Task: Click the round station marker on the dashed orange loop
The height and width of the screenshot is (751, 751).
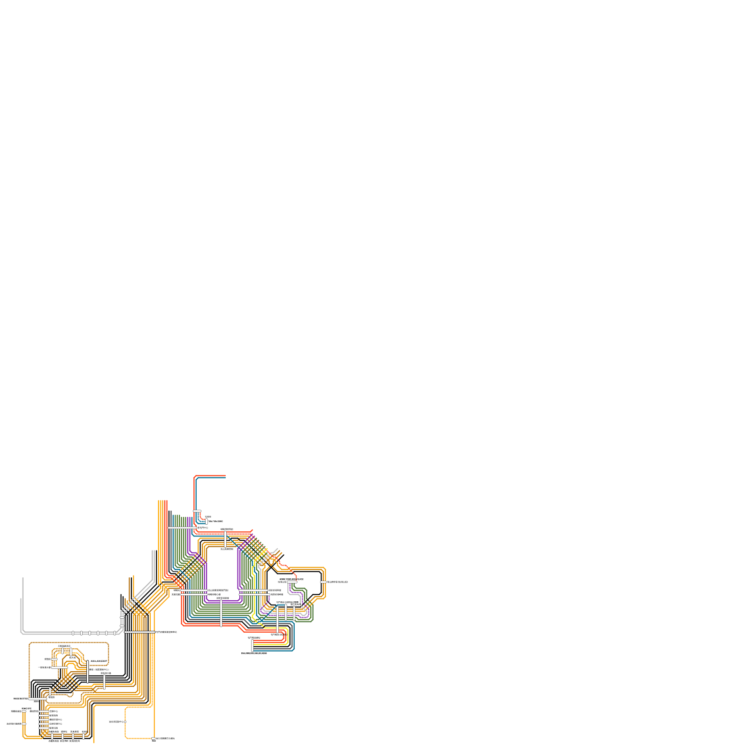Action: (x=125, y=721)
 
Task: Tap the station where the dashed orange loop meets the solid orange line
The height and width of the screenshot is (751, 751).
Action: (x=153, y=738)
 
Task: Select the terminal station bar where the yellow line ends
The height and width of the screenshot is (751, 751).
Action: (x=252, y=645)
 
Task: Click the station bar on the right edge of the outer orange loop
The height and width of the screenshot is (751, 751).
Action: (x=323, y=582)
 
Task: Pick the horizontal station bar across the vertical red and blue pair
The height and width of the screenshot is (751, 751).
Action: (x=197, y=511)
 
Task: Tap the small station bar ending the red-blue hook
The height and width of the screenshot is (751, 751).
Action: (x=207, y=521)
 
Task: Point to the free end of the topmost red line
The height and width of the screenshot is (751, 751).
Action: (x=226, y=476)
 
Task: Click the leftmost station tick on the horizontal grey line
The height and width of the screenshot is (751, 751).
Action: (x=73, y=633)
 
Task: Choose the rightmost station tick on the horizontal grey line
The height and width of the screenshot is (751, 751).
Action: (x=115, y=633)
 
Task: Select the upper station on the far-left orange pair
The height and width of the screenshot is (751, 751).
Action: (x=24, y=711)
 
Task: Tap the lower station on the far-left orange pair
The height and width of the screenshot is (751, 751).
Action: (x=24, y=724)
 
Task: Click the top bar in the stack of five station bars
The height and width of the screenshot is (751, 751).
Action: (x=44, y=712)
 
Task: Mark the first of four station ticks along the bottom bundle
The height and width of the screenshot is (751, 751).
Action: (x=52, y=736)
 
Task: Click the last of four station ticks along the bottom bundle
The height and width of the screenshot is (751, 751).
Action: (x=84, y=736)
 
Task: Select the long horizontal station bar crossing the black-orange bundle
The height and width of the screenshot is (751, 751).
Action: (x=139, y=632)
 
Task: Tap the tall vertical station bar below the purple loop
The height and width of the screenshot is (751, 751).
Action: (x=221, y=613)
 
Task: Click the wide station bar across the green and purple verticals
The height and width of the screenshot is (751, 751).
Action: (x=183, y=529)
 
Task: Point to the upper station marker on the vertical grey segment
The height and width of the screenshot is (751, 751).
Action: (x=122, y=618)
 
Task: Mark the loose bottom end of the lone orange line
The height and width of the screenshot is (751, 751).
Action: (x=94, y=743)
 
